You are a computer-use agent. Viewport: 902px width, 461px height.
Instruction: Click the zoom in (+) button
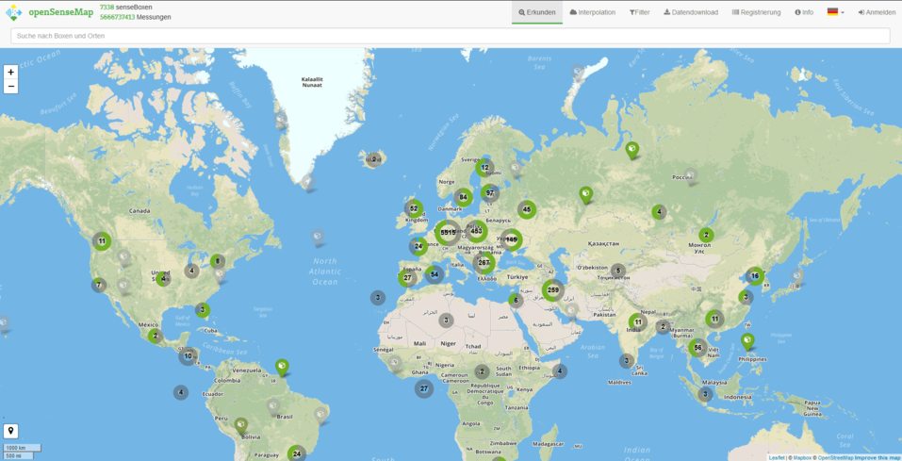click(x=10, y=72)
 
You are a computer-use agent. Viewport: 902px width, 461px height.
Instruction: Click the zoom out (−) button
click(x=10, y=86)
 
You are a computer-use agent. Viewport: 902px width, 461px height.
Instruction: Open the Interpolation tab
click(x=593, y=12)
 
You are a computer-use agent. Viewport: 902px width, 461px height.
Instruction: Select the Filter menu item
click(x=639, y=12)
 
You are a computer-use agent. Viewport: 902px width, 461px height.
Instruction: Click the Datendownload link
click(x=691, y=12)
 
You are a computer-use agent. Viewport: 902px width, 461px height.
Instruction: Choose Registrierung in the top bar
click(x=757, y=12)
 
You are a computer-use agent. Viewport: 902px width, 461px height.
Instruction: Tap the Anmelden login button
click(x=877, y=12)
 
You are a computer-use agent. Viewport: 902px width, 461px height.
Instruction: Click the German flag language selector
click(x=835, y=12)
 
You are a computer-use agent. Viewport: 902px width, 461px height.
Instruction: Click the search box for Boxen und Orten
click(x=450, y=36)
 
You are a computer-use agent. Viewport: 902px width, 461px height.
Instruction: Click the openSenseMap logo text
click(x=60, y=11)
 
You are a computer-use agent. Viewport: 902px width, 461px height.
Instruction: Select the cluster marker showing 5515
click(x=448, y=232)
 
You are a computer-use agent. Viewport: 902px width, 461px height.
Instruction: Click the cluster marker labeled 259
click(x=552, y=290)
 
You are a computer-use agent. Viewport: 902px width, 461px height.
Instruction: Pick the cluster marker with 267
click(x=484, y=262)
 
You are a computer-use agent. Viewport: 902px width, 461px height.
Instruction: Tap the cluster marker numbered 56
click(x=697, y=347)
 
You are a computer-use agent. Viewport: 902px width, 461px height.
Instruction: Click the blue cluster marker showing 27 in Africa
click(x=424, y=388)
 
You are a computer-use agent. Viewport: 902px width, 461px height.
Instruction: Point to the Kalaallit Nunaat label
click(x=312, y=82)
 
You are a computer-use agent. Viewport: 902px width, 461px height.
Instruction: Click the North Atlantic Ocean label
click(x=325, y=271)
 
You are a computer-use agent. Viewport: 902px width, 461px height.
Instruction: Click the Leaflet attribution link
click(x=777, y=457)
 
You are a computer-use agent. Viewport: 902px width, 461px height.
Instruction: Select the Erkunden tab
click(x=537, y=12)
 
